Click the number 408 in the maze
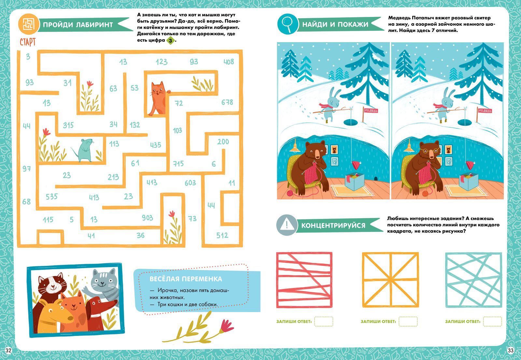(229, 62)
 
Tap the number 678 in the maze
(227, 102)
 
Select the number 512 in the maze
(222, 236)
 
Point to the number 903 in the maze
(148, 218)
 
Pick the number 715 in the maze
(178, 164)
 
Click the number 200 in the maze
(223, 142)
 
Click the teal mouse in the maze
(83, 150)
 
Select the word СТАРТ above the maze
(28, 42)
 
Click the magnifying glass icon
(288, 24)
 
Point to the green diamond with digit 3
(171, 41)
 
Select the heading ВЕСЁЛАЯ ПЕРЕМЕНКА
(186, 279)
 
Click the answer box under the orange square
(408, 321)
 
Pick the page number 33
(511, 351)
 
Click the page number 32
(8, 351)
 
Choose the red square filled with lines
(304, 280)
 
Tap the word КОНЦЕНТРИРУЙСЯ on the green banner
(333, 225)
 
